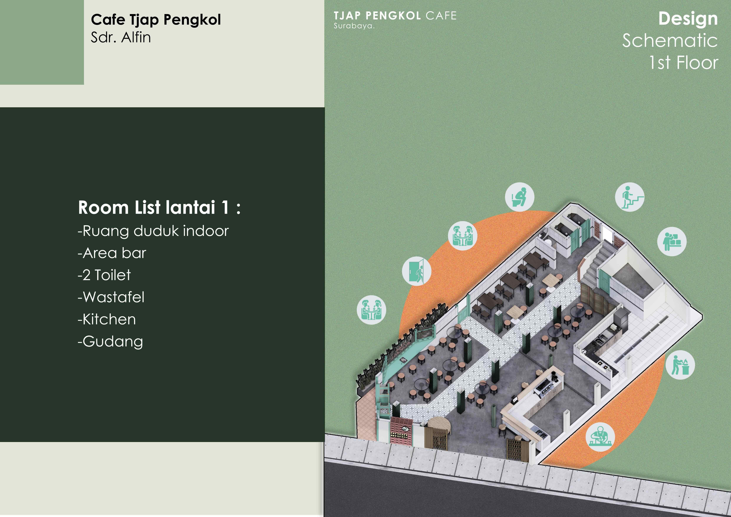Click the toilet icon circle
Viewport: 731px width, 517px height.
point(520,197)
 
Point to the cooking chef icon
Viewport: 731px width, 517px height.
point(680,365)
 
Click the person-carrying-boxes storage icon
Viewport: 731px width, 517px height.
point(672,241)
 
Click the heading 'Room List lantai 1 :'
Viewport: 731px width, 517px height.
point(159,208)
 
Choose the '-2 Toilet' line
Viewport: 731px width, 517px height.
point(104,275)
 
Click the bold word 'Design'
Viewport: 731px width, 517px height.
point(688,18)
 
